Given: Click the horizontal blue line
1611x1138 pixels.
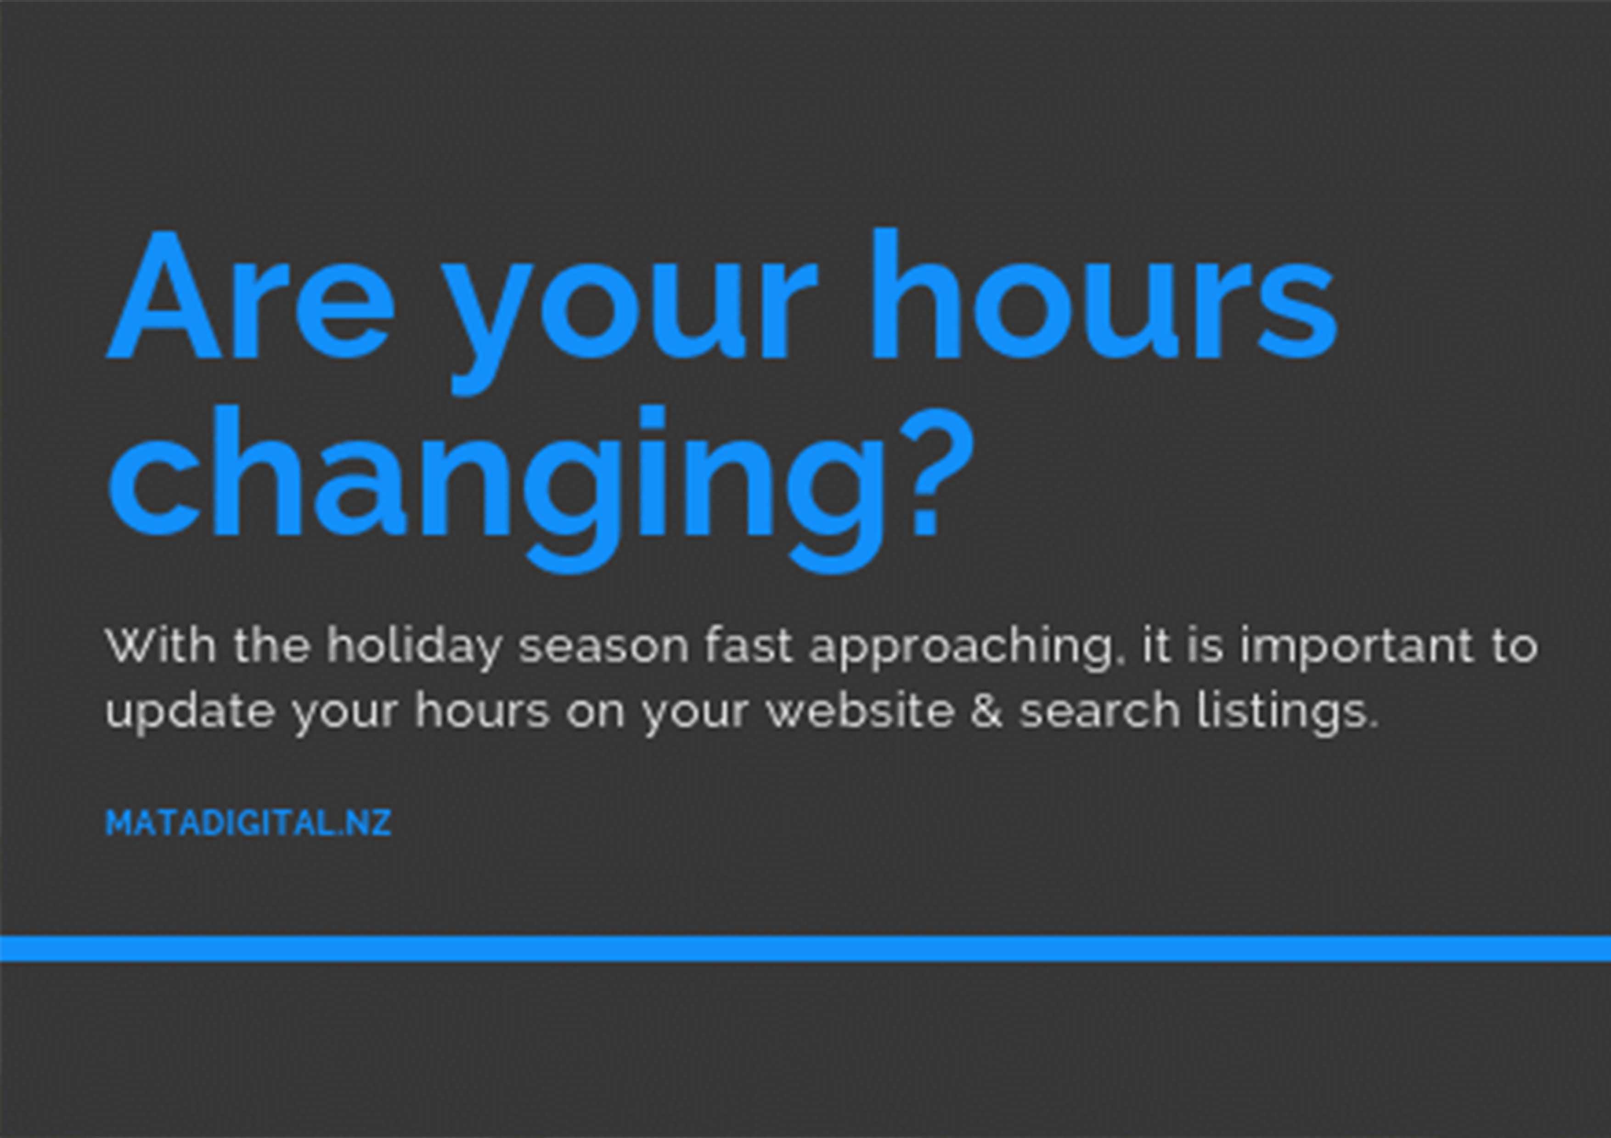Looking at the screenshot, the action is pos(805,948).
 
